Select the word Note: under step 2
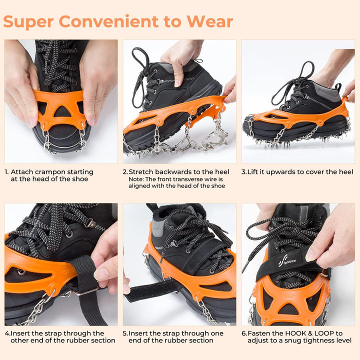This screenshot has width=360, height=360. (x=137, y=179)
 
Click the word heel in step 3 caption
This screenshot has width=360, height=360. (x=345, y=172)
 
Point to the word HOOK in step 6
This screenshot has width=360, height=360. (x=300, y=333)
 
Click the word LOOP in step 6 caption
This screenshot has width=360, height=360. (x=329, y=333)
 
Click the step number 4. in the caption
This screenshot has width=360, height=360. (x=7, y=333)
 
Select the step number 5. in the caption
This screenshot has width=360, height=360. (x=125, y=333)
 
